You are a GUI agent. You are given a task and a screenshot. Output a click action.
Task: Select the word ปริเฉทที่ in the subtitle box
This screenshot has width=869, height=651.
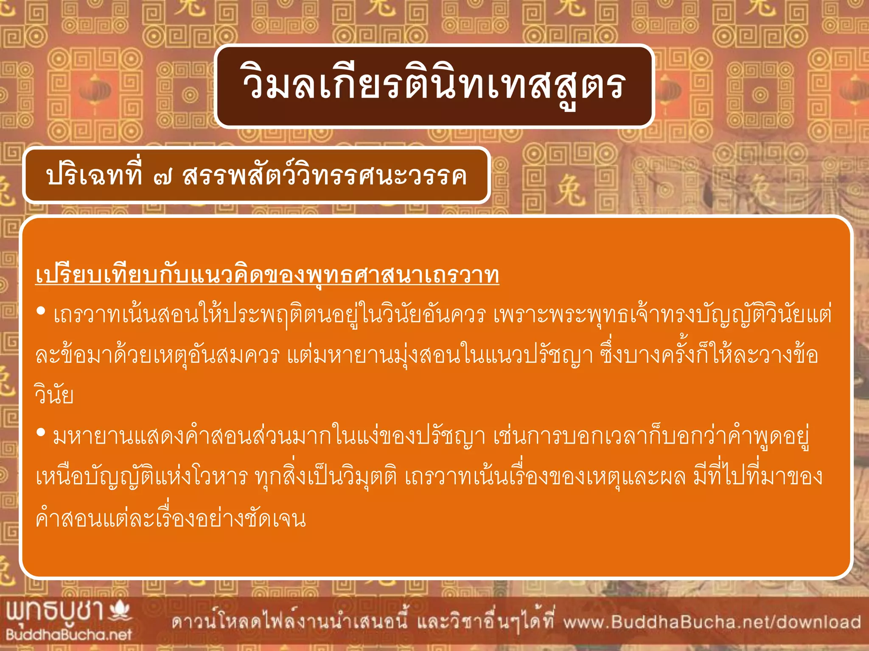click(94, 175)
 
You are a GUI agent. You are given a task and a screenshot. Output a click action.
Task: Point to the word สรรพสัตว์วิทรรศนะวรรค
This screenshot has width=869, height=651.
click(325, 175)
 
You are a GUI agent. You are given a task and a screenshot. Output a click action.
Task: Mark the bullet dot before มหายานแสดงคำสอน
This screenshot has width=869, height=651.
click(41, 433)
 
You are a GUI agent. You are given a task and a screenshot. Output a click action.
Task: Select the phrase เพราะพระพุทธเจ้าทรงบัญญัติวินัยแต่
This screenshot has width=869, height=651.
click(662, 315)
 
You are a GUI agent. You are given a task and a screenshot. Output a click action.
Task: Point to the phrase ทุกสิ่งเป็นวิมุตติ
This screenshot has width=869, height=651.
click(326, 477)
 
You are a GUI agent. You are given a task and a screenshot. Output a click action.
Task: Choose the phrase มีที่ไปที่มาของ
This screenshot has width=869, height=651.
click(758, 477)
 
